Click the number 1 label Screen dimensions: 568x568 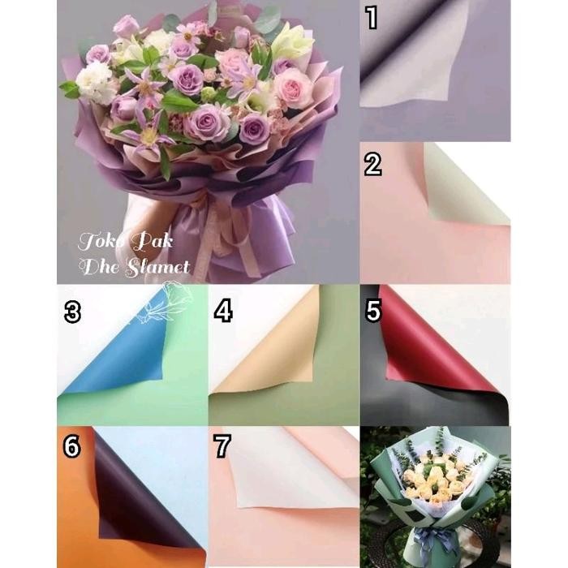click(372, 18)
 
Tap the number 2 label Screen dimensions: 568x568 click(373, 163)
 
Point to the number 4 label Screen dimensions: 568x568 click(224, 311)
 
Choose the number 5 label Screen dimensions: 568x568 click(373, 312)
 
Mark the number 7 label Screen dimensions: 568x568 click(222, 445)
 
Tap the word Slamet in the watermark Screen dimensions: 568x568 click(159, 266)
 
